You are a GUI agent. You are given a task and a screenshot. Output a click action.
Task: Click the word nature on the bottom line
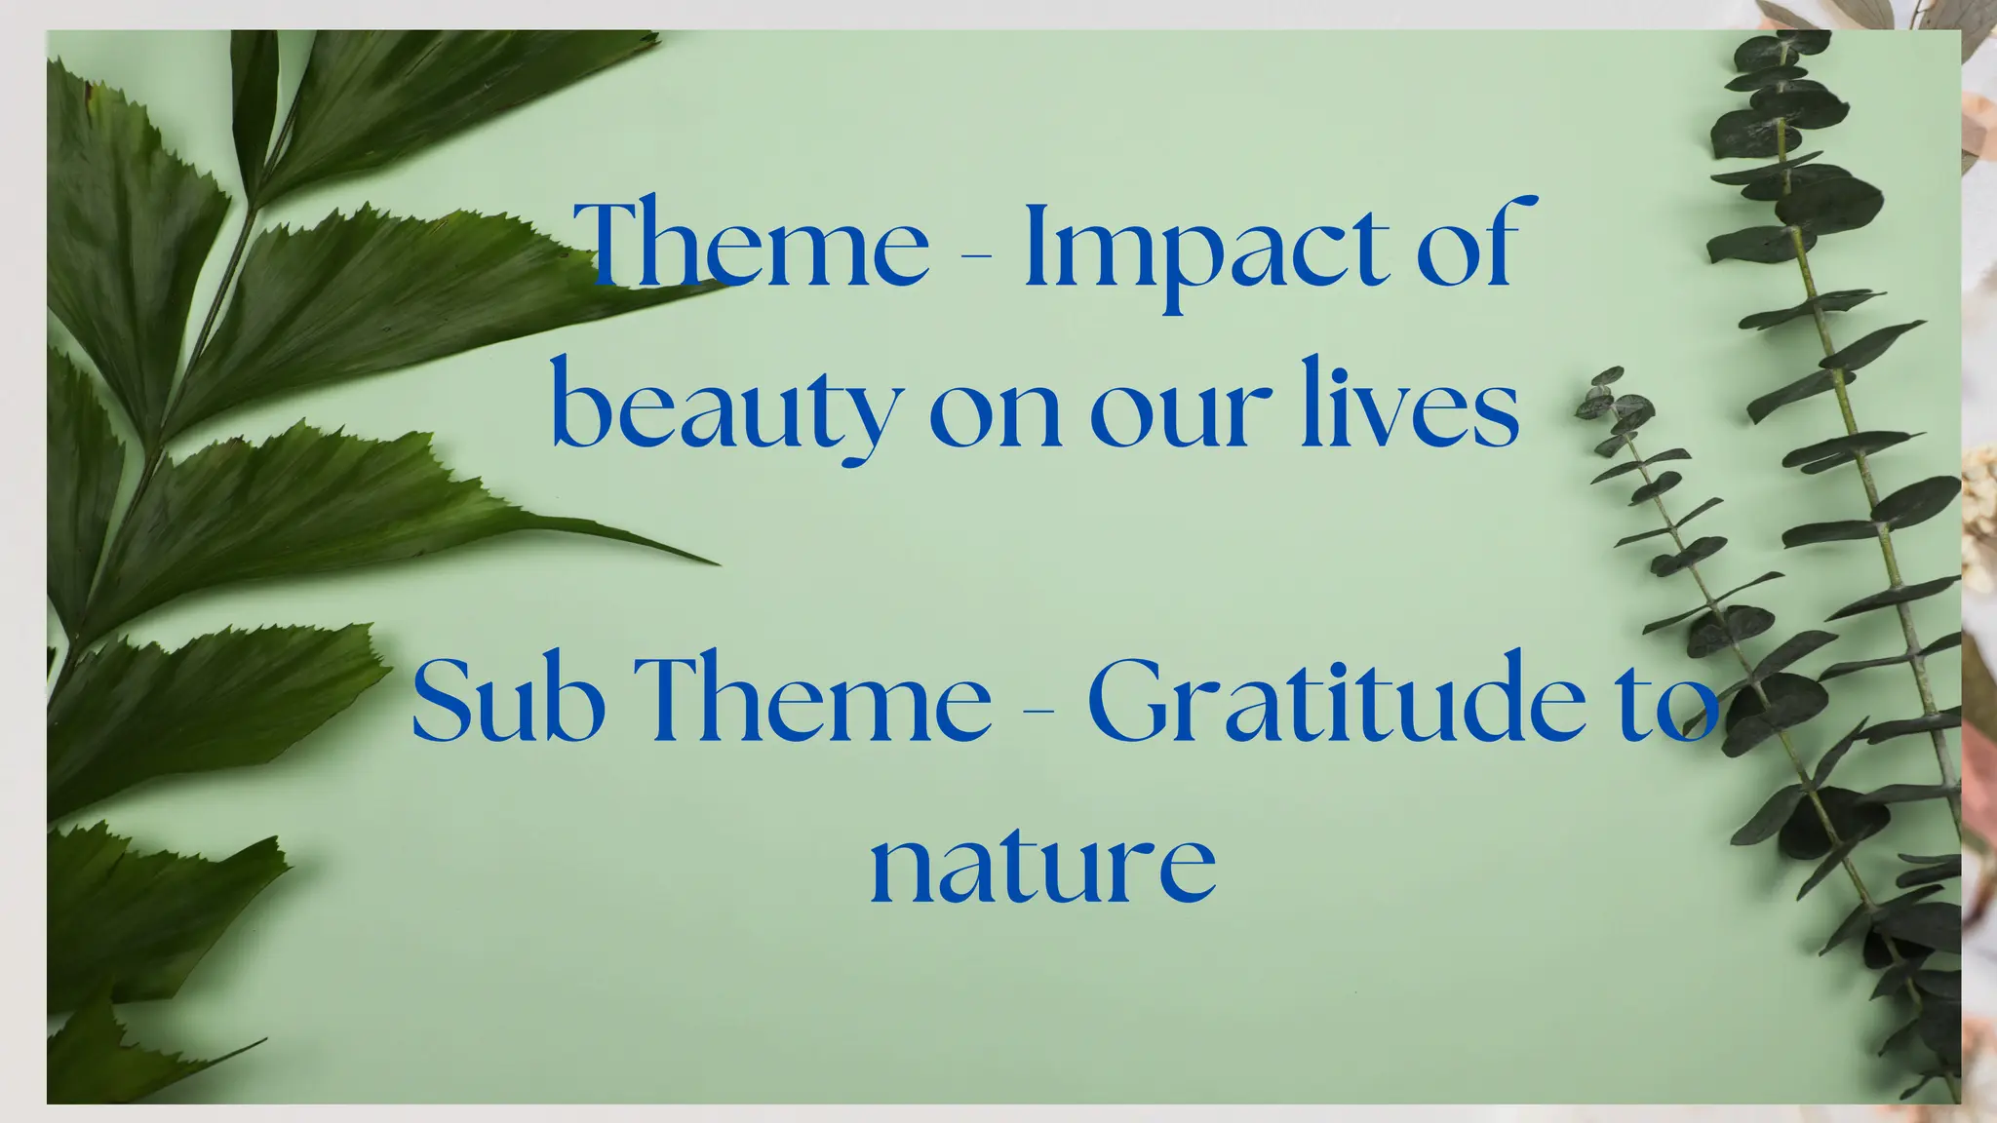click(x=1042, y=862)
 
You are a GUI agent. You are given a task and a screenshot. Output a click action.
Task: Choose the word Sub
click(x=508, y=700)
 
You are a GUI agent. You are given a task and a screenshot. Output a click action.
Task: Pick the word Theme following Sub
click(x=819, y=700)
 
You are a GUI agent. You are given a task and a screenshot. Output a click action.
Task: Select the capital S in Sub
click(x=444, y=700)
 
